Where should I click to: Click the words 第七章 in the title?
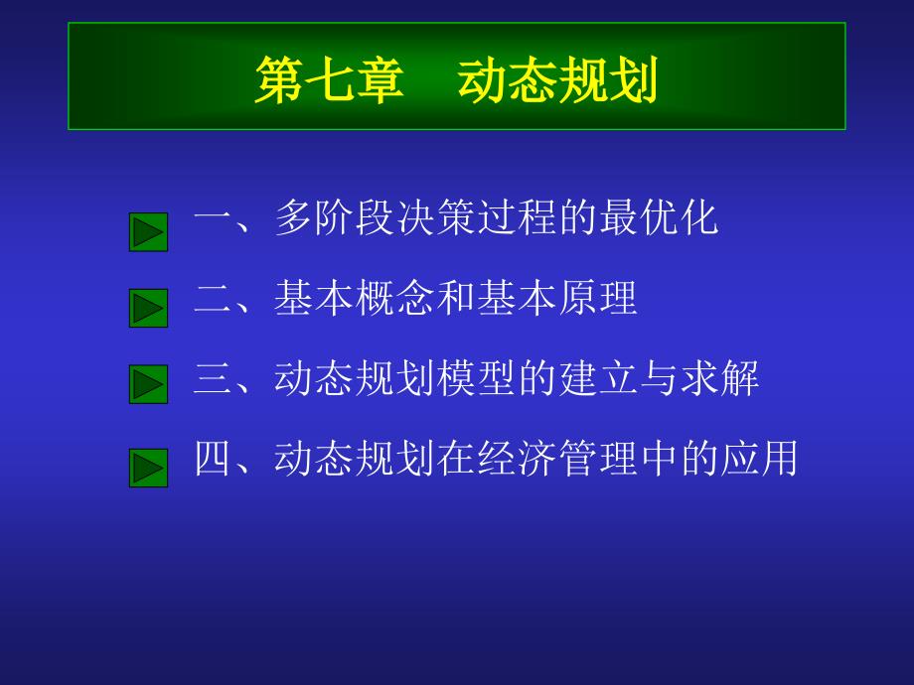[x=330, y=80]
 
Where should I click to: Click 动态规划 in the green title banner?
[x=558, y=80]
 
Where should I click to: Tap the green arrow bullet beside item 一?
[x=149, y=232]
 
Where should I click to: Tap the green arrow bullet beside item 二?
[x=149, y=308]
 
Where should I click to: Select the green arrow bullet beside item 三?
[x=149, y=384]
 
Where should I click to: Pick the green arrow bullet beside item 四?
[x=149, y=468]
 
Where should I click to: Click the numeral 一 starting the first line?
[x=214, y=219]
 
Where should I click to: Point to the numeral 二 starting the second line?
[x=214, y=298]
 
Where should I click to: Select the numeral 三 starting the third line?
[x=214, y=378]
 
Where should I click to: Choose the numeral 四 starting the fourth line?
[x=214, y=458]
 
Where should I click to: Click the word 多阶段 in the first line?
[x=335, y=217]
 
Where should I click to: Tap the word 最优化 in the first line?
[x=659, y=217]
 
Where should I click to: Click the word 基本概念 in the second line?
[x=355, y=298]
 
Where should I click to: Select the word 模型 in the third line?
[x=477, y=378]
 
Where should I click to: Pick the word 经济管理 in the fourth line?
[x=558, y=459]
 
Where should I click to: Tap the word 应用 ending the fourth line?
[x=759, y=459]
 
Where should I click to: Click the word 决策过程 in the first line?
[x=477, y=217]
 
